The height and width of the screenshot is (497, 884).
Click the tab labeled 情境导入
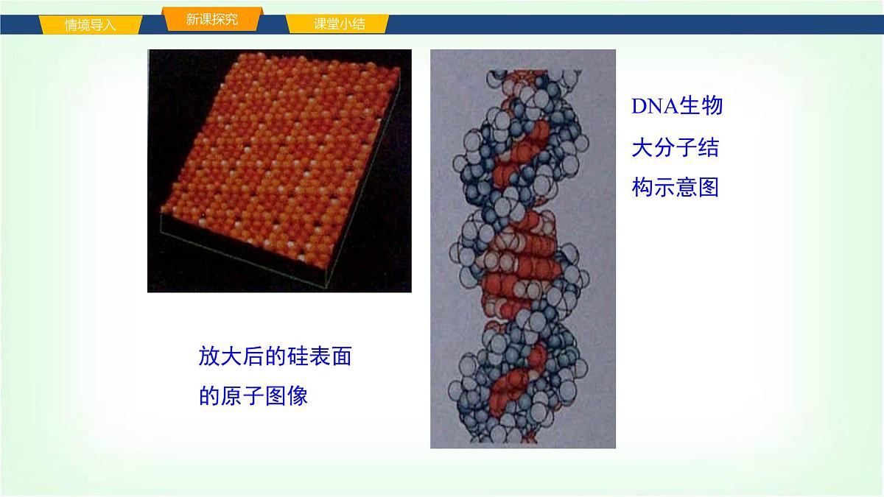click(x=90, y=24)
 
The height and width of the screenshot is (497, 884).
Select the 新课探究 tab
click(x=211, y=20)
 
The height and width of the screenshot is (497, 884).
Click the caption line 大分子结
click(x=675, y=147)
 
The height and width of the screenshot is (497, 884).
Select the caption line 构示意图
click(x=675, y=188)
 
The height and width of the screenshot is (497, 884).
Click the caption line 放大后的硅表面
click(x=275, y=357)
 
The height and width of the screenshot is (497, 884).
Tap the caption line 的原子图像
click(x=253, y=396)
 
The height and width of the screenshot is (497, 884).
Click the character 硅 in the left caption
click(x=298, y=357)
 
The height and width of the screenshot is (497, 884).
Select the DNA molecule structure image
click(x=522, y=249)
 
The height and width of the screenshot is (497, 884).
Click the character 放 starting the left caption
click(x=209, y=357)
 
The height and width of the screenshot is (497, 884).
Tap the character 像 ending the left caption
click(x=298, y=396)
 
